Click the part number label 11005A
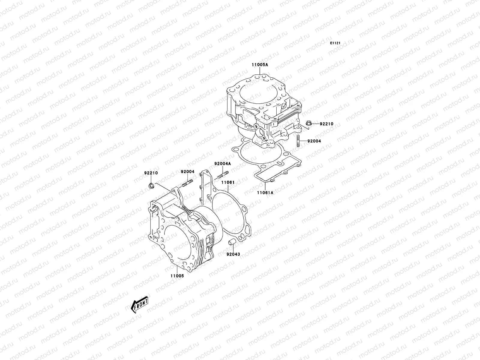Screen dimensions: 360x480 pos(260,64)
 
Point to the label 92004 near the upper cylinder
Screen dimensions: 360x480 pos(314,141)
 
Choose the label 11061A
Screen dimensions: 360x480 pos(265,193)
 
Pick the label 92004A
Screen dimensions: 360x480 pos(223,164)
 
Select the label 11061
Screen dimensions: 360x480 pos(228,182)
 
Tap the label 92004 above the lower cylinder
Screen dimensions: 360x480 pos(187,172)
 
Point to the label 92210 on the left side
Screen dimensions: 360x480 pos(151,173)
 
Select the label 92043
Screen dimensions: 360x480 pos(233,254)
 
